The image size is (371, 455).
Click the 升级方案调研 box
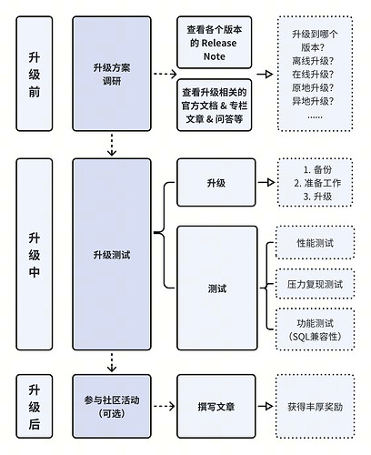(x=112, y=68)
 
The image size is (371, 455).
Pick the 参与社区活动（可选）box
(x=112, y=406)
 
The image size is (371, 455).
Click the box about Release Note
(x=214, y=42)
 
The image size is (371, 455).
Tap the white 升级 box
(x=216, y=183)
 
